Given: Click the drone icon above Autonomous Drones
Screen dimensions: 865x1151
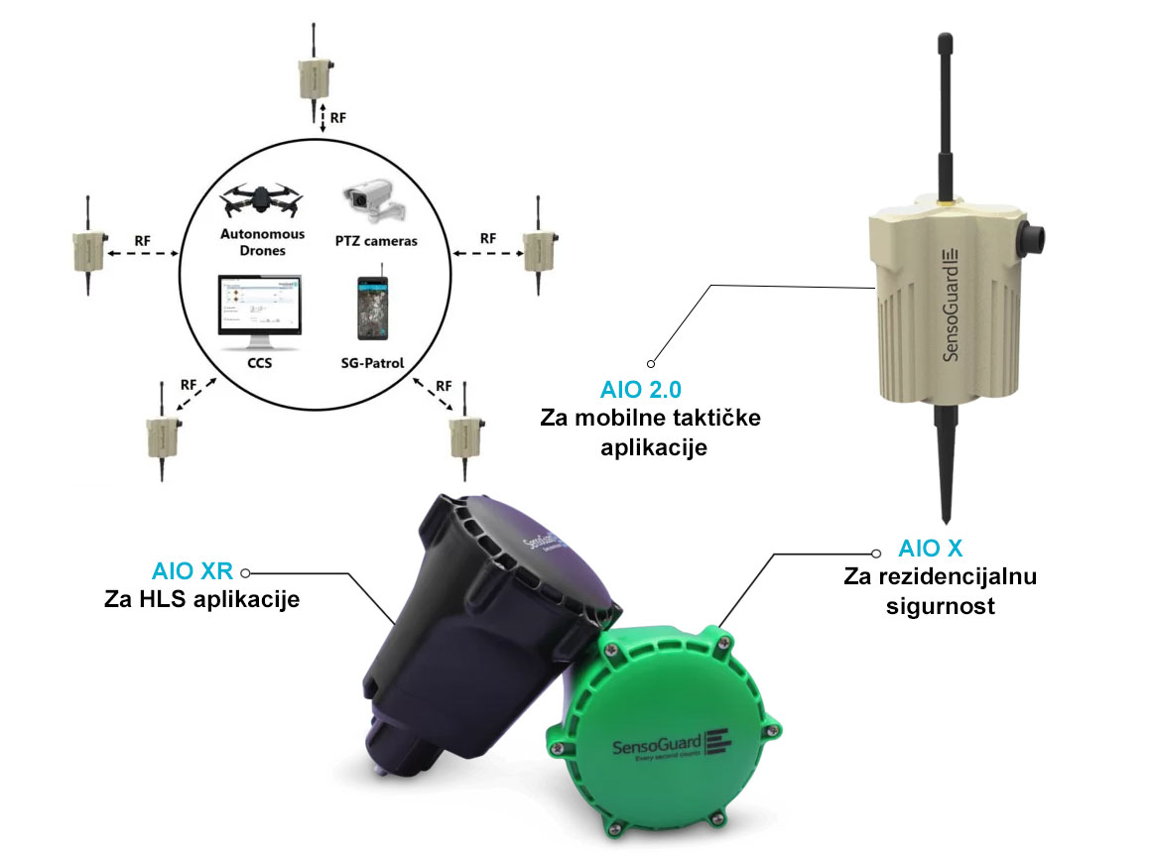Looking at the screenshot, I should [x=262, y=199].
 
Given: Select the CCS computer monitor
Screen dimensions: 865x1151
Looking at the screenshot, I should [x=260, y=313].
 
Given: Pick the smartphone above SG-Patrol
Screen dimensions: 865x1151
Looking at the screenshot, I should [x=373, y=308].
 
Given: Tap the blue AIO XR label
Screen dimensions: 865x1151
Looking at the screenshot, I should [x=192, y=572].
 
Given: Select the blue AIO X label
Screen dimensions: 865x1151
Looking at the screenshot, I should [x=931, y=548].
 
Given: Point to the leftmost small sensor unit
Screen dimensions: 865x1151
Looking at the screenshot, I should [x=85, y=249].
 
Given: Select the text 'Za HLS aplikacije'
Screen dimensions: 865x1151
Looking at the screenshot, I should [x=201, y=599].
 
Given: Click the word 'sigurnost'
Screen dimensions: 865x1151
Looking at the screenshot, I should [x=940, y=605].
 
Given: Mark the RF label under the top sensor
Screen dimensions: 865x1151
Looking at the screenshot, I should [x=338, y=118].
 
